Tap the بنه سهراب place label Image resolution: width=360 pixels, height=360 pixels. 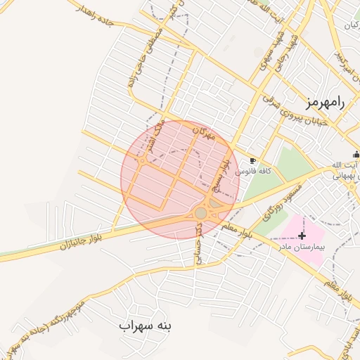[x=146, y=326]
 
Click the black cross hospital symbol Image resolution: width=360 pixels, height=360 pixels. [x=302, y=236]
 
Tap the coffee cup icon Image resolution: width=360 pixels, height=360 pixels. [x=252, y=161]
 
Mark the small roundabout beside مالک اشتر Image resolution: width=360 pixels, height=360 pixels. [x=143, y=160]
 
